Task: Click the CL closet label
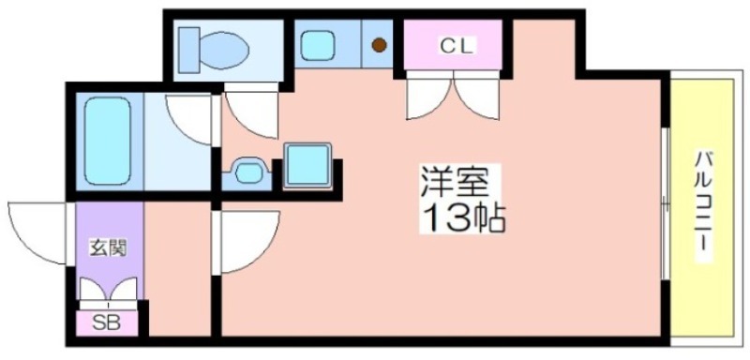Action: pos(456,46)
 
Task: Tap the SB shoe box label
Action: pos(106,323)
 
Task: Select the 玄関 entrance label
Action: pos(109,248)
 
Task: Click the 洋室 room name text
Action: pos(455,181)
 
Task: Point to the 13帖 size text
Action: pos(462,217)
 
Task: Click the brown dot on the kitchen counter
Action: pos(379,45)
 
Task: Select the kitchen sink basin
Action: pos(318,45)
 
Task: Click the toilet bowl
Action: pos(224,50)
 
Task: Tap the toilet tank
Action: pos(189,50)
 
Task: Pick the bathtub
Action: pos(107,142)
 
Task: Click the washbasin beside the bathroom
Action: pos(248,172)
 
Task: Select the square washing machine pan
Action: pos(307,164)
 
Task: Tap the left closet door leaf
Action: pos(428,99)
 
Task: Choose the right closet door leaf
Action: pos(477,99)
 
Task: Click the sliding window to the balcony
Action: pos(665,203)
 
